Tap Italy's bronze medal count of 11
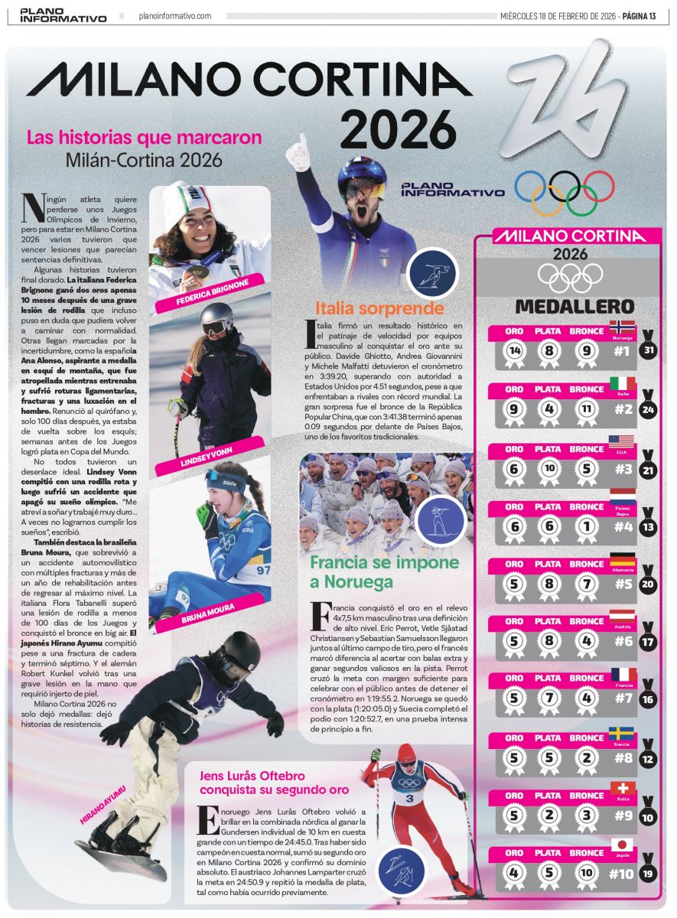coord(586,409)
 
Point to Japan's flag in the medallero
coord(621,845)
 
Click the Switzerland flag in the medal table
coord(621,789)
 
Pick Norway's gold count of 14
coord(514,351)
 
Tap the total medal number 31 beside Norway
coord(649,351)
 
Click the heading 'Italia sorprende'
coord(379,308)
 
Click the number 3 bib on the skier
coord(409,799)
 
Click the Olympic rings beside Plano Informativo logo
coord(565,192)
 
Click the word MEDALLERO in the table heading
coord(563,307)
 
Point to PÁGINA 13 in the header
coord(640,15)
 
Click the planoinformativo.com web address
coord(175,16)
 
